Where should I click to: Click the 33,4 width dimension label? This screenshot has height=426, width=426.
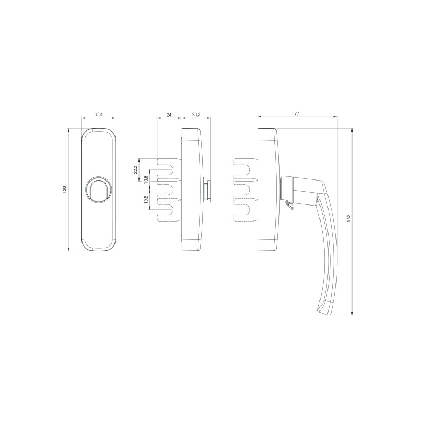point(99,114)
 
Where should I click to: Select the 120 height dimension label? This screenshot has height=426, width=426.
point(64,190)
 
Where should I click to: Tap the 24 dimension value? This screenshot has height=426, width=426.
point(169,114)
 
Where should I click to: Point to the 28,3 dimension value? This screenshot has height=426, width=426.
point(196,114)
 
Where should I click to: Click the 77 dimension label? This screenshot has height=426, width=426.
point(297,113)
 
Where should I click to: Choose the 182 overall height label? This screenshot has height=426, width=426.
point(349,219)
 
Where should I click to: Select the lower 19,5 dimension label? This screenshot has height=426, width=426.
point(146,200)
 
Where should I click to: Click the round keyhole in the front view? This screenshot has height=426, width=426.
point(98,190)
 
